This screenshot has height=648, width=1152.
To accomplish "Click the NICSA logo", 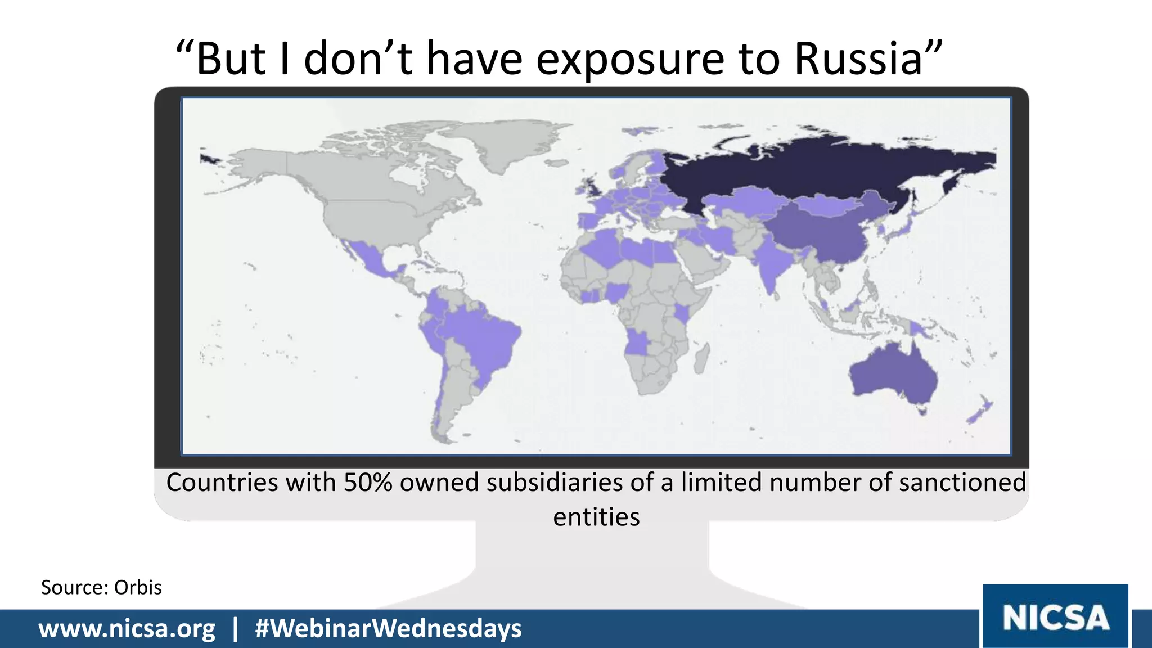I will tap(1055, 617).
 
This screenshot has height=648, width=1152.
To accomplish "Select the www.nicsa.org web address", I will tap(127, 628).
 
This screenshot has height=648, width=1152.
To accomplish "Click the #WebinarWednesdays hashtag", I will tap(388, 628).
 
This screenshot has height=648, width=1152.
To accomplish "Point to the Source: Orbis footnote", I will tap(101, 587).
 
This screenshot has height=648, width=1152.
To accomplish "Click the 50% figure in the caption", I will tap(368, 483).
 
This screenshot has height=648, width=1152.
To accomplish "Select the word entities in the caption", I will tap(596, 517).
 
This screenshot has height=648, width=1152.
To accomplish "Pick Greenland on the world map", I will tap(506, 143).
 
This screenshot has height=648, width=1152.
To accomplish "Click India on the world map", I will tap(771, 264).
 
